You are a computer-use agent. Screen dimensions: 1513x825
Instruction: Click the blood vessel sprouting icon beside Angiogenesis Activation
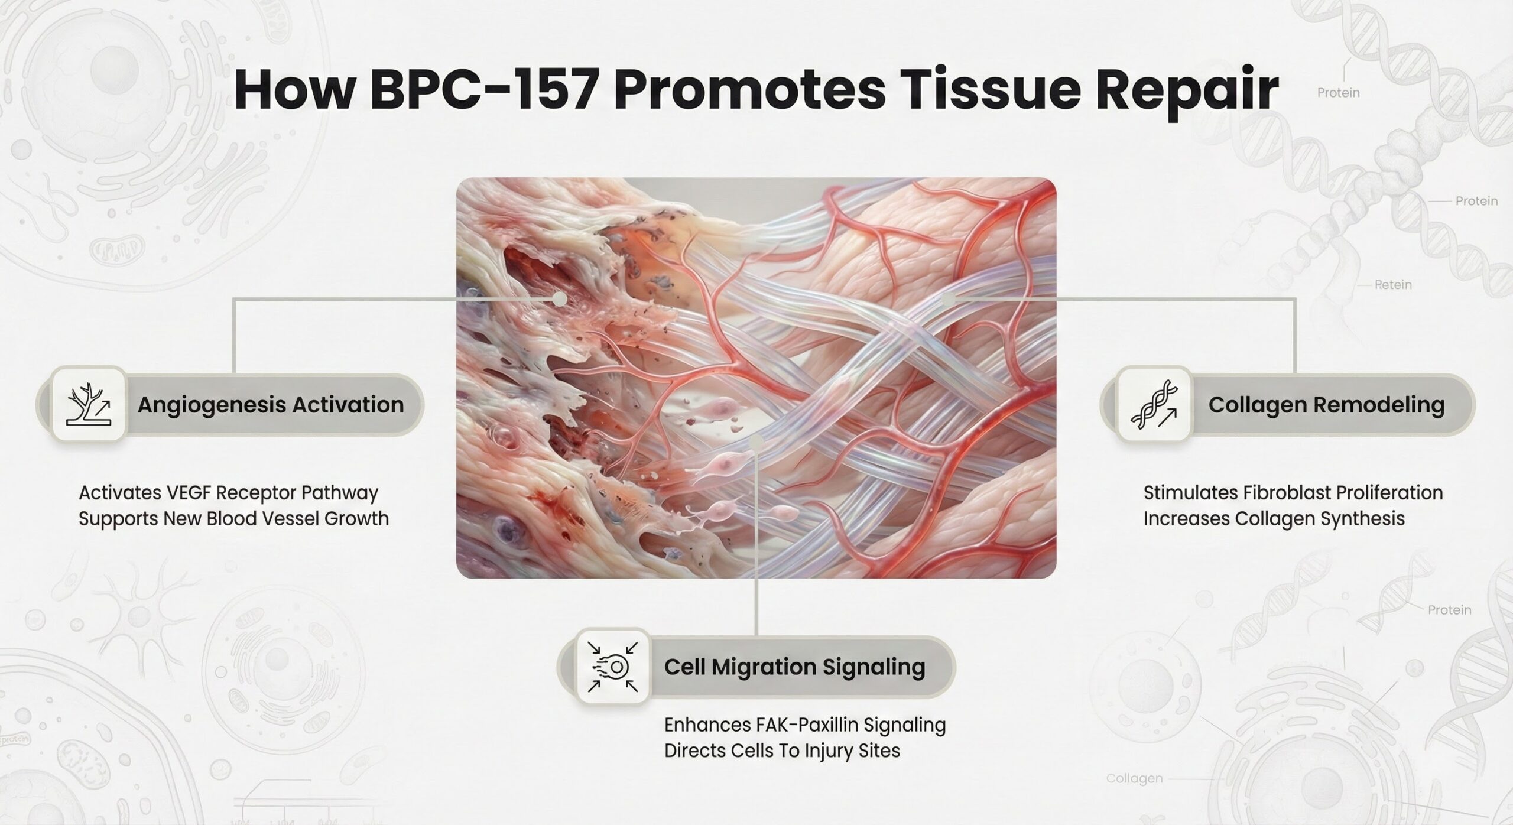pyautogui.click(x=89, y=404)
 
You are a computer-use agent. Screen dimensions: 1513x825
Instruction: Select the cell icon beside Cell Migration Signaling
pyautogui.click(x=613, y=667)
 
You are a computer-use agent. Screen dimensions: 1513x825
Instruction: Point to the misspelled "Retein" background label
pyautogui.click(x=1393, y=285)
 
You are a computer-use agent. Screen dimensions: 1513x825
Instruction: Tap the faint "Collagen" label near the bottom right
pyautogui.click(x=1134, y=779)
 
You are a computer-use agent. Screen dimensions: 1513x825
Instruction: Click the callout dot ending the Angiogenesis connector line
pyautogui.click(x=559, y=299)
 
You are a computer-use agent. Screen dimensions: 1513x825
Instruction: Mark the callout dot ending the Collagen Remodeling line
pyautogui.click(x=948, y=300)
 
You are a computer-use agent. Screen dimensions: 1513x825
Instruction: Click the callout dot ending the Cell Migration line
pyautogui.click(x=756, y=440)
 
